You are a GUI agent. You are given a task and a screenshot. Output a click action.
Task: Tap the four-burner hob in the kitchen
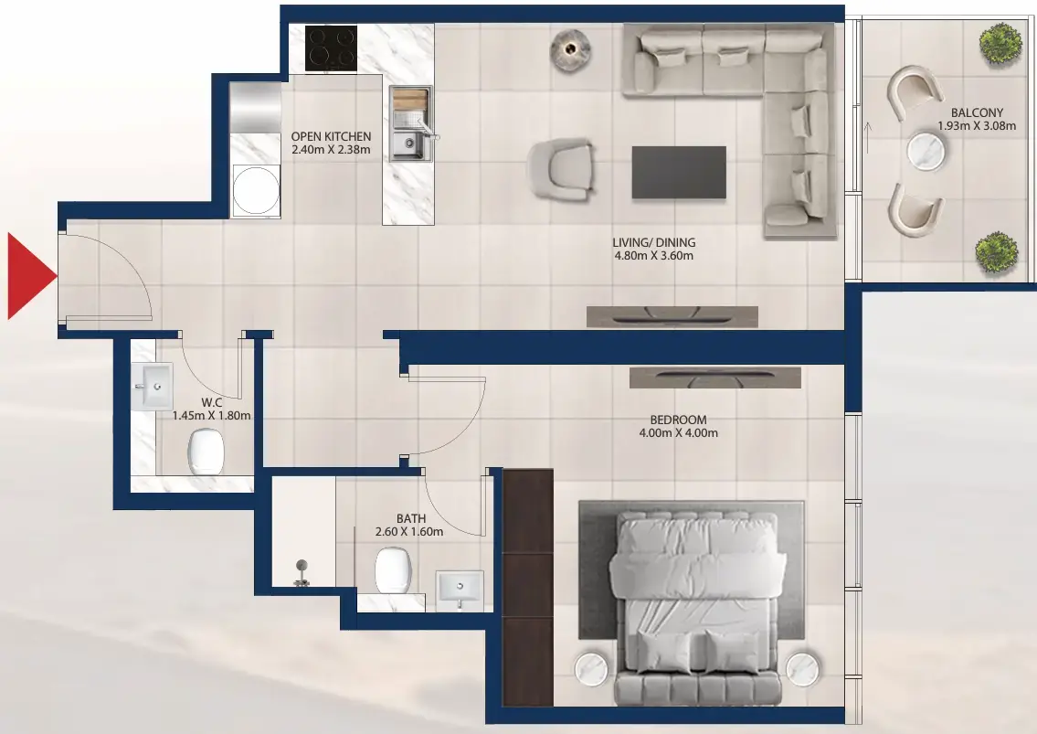click(x=330, y=48)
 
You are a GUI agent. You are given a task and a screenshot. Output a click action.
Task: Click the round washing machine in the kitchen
click(x=255, y=189)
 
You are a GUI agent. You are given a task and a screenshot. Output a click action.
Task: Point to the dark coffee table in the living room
click(x=679, y=172)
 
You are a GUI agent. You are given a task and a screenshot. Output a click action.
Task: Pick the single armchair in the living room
click(x=560, y=169)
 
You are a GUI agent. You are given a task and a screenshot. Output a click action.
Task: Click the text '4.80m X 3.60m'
click(x=653, y=257)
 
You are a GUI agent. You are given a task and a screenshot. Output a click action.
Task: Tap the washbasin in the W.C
click(x=157, y=386)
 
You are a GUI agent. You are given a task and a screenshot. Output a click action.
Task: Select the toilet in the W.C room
click(x=206, y=451)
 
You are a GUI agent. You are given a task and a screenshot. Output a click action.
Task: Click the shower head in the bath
click(x=301, y=571)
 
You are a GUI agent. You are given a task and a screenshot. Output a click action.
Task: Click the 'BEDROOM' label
click(x=673, y=420)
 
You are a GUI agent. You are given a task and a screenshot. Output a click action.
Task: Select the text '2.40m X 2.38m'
click(x=330, y=150)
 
